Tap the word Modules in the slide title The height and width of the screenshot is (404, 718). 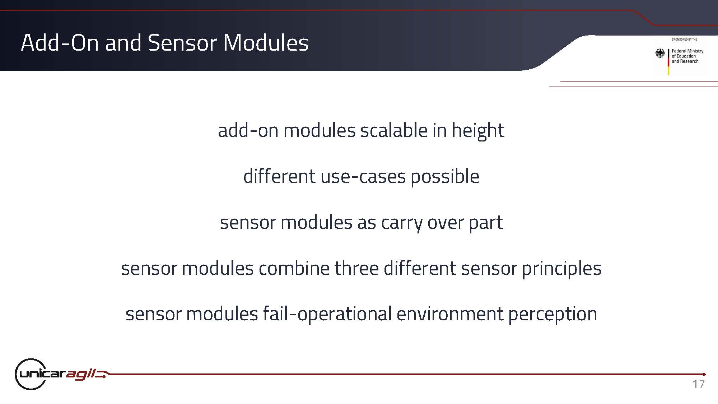pyautogui.click(x=266, y=43)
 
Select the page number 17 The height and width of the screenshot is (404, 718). pyautogui.click(x=699, y=384)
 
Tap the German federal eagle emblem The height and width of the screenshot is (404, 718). pyautogui.click(x=660, y=54)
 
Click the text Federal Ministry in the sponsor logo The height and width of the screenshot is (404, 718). pyautogui.click(x=687, y=51)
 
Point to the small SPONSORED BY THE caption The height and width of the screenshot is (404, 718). pyautogui.click(x=684, y=40)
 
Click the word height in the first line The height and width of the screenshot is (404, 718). pyautogui.click(x=478, y=130)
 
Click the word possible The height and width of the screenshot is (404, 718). pyautogui.click(x=445, y=176)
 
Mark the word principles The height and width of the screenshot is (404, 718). pyautogui.click(x=561, y=268)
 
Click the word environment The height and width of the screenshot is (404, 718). pyautogui.click(x=450, y=314)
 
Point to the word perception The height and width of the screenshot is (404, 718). pyautogui.click(x=553, y=314)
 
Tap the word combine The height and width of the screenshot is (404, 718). pyautogui.click(x=294, y=268)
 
